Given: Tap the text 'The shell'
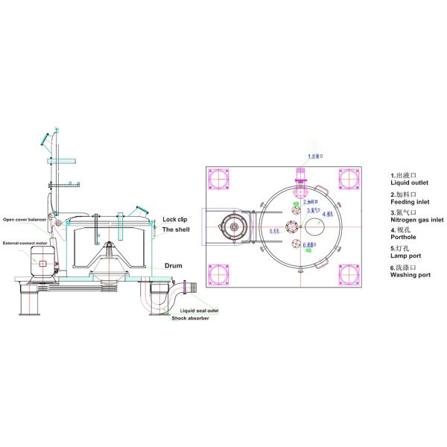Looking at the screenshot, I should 178,231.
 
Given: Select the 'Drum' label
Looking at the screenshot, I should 174,265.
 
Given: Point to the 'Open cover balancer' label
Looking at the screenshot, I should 31,221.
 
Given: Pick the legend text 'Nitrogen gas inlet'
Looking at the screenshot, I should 417,220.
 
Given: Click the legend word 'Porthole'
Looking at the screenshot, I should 405,238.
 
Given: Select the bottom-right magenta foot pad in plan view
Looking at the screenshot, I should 349,274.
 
